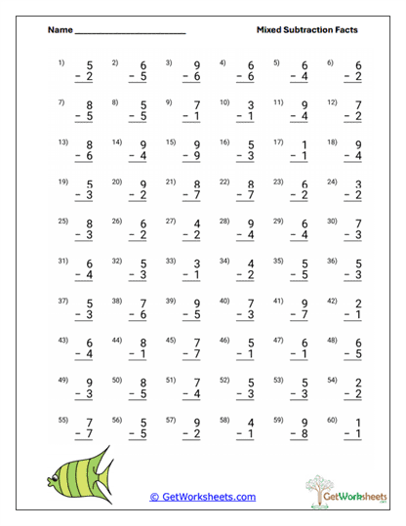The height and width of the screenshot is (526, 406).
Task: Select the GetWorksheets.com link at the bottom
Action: click(x=203, y=497)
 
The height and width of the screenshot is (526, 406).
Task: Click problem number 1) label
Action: click(x=61, y=63)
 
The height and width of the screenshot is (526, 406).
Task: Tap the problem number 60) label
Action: click(x=331, y=420)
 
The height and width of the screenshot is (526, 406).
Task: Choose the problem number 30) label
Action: click(x=331, y=222)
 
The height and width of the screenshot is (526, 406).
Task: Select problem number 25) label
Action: click(x=62, y=222)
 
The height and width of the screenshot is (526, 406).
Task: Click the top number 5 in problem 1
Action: click(x=89, y=66)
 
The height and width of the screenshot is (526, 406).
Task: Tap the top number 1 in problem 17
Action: click(x=304, y=145)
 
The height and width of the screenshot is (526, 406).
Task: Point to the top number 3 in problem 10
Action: click(x=251, y=105)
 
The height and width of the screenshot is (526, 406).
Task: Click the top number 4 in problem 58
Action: click(x=251, y=423)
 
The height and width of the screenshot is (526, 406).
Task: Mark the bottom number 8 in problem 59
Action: click(x=304, y=433)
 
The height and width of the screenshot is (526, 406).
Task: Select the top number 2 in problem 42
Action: click(x=358, y=303)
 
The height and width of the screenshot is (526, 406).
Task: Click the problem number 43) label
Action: click(x=62, y=341)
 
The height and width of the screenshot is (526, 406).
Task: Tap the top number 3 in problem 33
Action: click(x=197, y=264)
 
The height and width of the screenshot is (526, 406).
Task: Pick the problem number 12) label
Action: click(x=331, y=102)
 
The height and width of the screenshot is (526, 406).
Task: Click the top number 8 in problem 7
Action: click(x=89, y=105)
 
